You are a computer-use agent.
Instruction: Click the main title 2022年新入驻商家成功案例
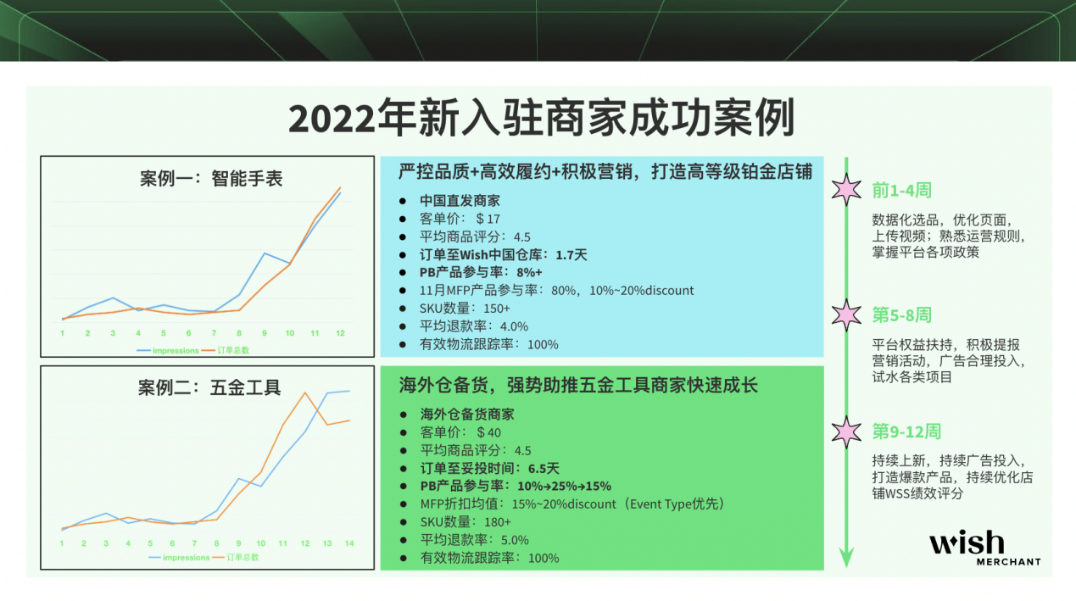[x=541, y=120]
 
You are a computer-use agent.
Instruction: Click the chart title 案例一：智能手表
[x=210, y=179]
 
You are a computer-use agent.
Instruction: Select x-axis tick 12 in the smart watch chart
[x=340, y=334]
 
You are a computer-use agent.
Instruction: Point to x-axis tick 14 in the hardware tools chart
[x=348, y=543]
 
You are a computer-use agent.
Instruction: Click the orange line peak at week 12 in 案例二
[x=304, y=392]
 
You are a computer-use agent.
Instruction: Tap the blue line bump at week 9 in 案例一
[x=264, y=253]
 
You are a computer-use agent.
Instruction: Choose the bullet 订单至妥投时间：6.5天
[x=490, y=468]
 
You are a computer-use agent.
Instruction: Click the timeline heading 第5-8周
[x=901, y=315]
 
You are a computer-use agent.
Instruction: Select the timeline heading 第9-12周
[x=906, y=431]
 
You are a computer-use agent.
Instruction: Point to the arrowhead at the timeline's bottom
[x=846, y=557]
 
